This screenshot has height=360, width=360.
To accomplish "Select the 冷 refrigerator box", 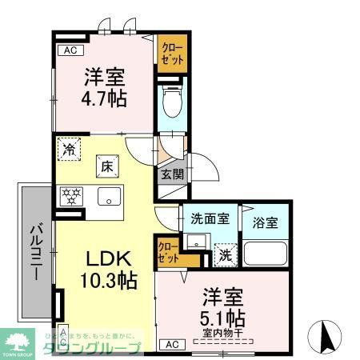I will [70, 149].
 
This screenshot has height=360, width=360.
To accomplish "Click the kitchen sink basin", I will [108, 196].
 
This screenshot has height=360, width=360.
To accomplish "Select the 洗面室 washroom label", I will [210, 219].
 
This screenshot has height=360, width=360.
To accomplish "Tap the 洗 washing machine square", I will [226, 254].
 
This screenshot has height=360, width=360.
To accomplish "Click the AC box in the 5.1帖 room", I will [170, 344].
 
